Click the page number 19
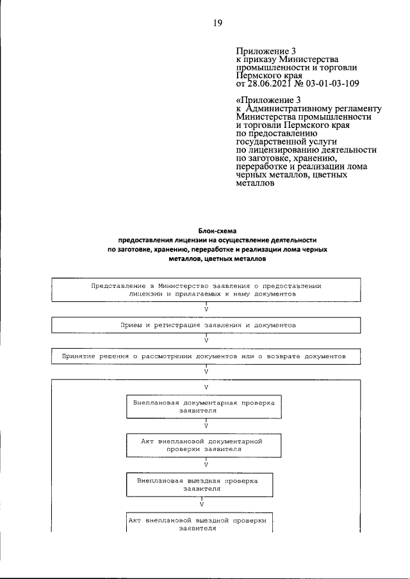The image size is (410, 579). click(217, 24)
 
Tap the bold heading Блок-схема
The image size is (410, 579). click(217, 230)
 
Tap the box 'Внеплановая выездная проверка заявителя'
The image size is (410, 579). click(202, 483)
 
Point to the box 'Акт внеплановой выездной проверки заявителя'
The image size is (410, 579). click(197, 524)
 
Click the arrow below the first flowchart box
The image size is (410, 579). click(206, 308)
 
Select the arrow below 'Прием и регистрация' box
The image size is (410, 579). click(206, 340)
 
